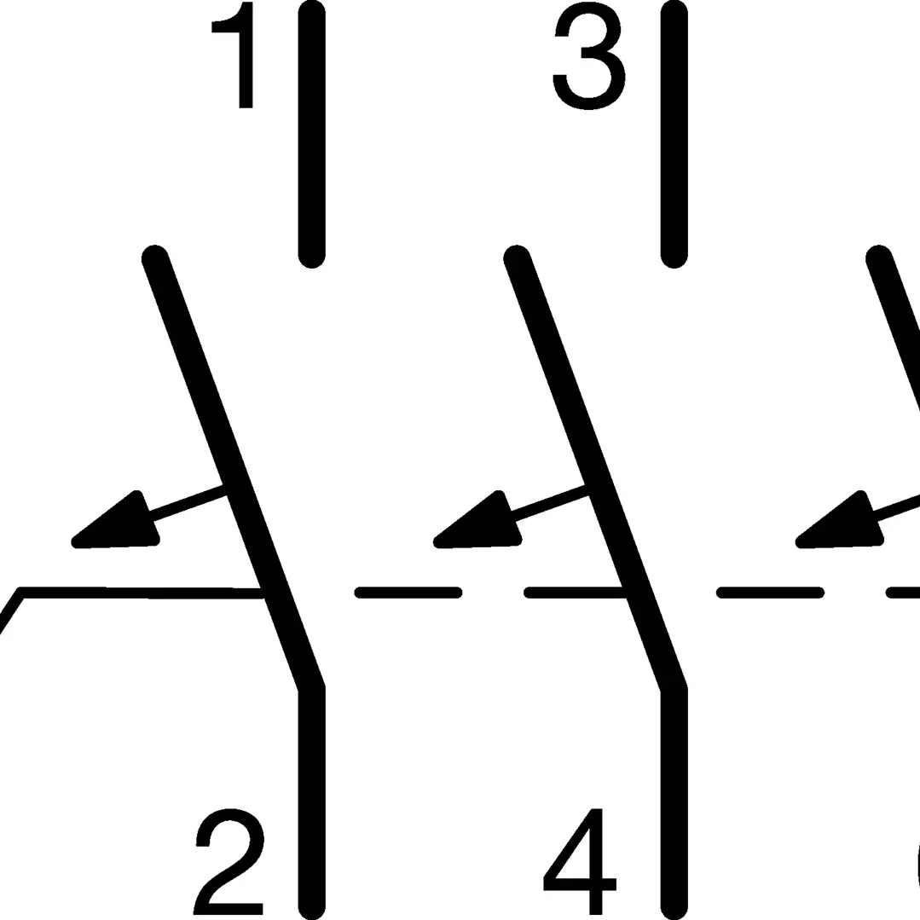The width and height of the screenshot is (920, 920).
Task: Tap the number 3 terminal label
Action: click(589, 55)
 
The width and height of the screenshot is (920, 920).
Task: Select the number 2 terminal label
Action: click(229, 860)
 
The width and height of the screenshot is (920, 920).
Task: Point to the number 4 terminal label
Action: click(580, 860)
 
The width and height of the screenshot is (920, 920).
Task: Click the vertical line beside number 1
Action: click(311, 134)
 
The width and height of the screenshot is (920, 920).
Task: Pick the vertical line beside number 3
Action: click(674, 134)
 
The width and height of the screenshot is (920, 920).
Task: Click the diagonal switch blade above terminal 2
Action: click(234, 470)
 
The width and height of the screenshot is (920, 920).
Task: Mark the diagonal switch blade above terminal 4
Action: click(595, 470)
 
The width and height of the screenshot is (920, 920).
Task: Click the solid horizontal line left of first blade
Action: click(141, 593)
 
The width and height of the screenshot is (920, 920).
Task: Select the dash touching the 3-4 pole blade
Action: click(575, 593)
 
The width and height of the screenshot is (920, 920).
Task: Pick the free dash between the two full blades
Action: click(408, 593)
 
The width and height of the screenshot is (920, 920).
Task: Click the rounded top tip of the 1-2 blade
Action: click(154, 257)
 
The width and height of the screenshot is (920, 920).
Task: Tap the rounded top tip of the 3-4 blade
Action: click(517, 257)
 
